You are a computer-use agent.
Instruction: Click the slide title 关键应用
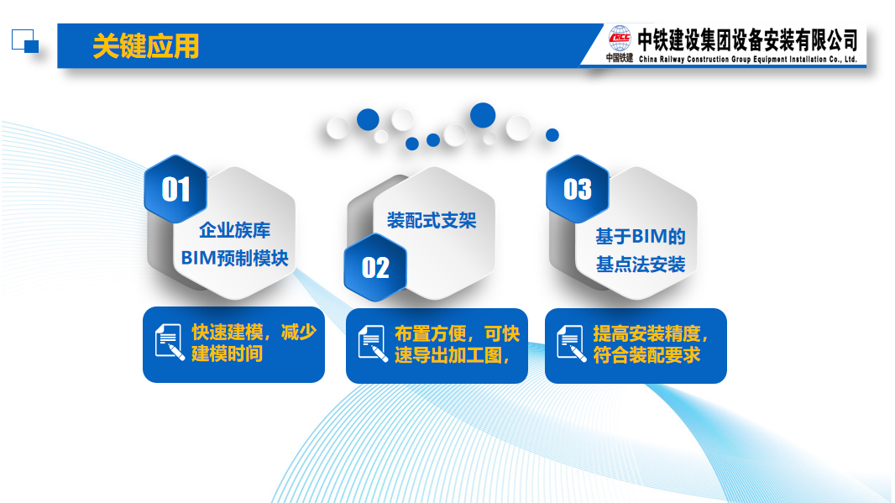click(x=145, y=45)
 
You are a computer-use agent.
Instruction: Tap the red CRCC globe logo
click(x=620, y=39)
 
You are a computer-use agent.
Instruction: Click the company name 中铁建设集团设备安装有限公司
click(x=748, y=40)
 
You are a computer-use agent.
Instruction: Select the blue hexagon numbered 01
click(x=175, y=189)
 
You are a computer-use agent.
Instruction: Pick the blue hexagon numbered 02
click(x=375, y=267)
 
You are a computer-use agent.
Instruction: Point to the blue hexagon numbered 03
click(x=577, y=189)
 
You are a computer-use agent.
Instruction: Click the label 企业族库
click(x=234, y=230)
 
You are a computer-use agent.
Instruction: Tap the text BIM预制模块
click(x=234, y=258)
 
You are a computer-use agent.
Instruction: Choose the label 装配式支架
click(x=432, y=220)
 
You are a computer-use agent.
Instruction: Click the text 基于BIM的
click(x=641, y=236)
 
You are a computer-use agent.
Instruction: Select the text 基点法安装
click(x=641, y=265)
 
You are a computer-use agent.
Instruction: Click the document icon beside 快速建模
click(x=170, y=343)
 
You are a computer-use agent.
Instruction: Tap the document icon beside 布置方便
click(x=373, y=343)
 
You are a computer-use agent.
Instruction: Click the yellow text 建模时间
click(x=228, y=354)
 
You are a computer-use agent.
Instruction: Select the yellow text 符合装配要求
click(x=646, y=355)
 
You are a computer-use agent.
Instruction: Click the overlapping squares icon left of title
click(x=25, y=41)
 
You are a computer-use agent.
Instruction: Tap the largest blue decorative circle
click(x=483, y=115)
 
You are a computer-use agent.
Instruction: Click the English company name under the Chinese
click(x=748, y=59)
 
